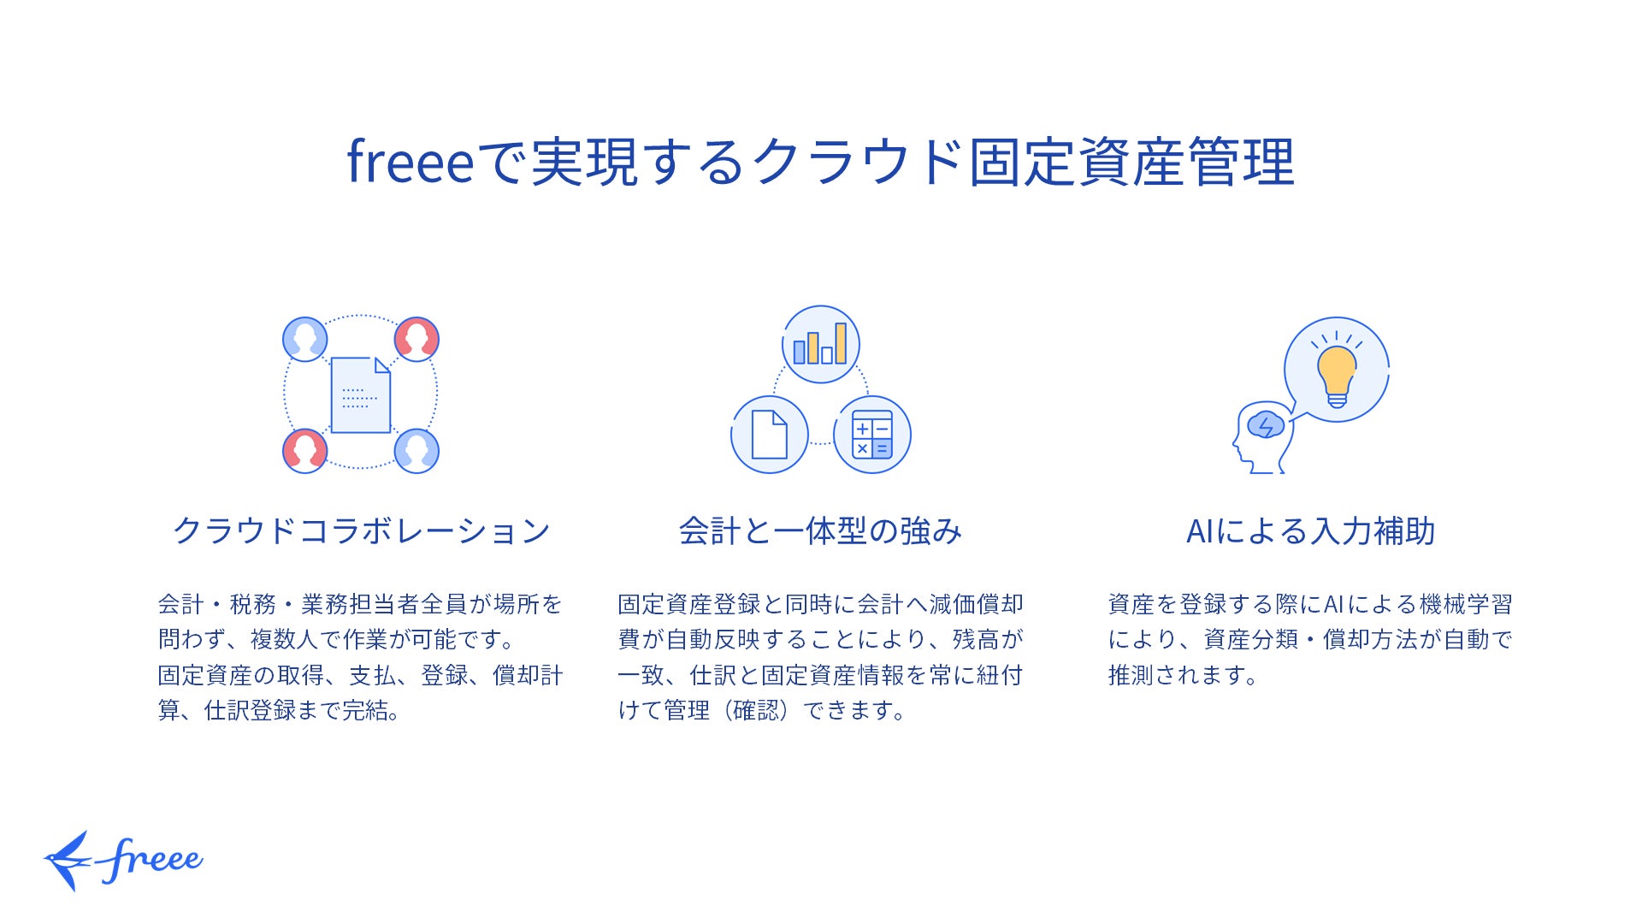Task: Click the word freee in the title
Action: click(410, 163)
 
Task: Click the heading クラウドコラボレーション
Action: click(361, 531)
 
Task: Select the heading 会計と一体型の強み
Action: click(820, 531)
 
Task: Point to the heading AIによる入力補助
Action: click(1310, 531)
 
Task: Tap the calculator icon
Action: click(872, 435)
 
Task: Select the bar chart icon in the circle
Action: click(820, 345)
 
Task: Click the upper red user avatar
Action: click(416, 339)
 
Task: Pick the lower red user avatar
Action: click(304, 451)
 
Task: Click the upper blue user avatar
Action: click(304, 339)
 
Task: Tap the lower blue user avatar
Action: click(416, 451)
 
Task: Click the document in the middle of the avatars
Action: click(360, 395)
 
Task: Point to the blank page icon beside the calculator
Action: click(769, 435)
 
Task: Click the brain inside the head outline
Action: click(1265, 425)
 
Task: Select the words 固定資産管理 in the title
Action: click(1131, 163)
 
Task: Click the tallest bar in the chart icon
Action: click(841, 343)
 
